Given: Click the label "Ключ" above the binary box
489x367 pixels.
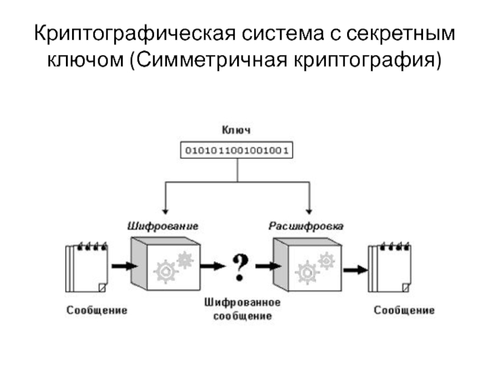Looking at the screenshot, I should [x=235, y=130].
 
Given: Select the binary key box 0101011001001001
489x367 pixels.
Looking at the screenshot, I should [x=236, y=149].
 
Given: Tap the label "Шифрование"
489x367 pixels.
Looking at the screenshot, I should [x=162, y=225].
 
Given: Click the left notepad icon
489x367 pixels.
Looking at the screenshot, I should [x=86, y=267].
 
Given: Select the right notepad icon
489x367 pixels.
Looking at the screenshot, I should [x=389, y=267].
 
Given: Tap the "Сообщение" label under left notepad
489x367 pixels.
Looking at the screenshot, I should [x=97, y=310].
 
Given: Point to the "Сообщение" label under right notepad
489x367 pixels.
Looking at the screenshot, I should [x=404, y=310].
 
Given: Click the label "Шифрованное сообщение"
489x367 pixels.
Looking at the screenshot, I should [x=242, y=309].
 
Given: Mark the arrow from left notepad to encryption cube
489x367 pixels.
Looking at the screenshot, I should [x=124, y=266].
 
